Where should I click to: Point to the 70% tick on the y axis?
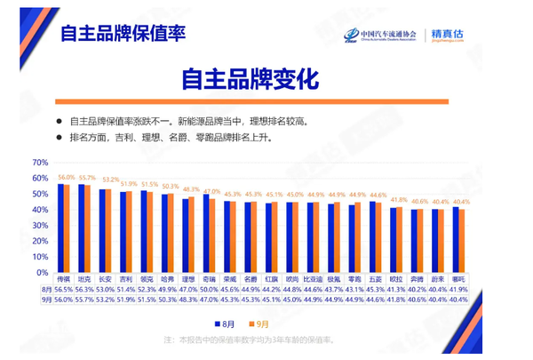pyautogui.click(x=40, y=163)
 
